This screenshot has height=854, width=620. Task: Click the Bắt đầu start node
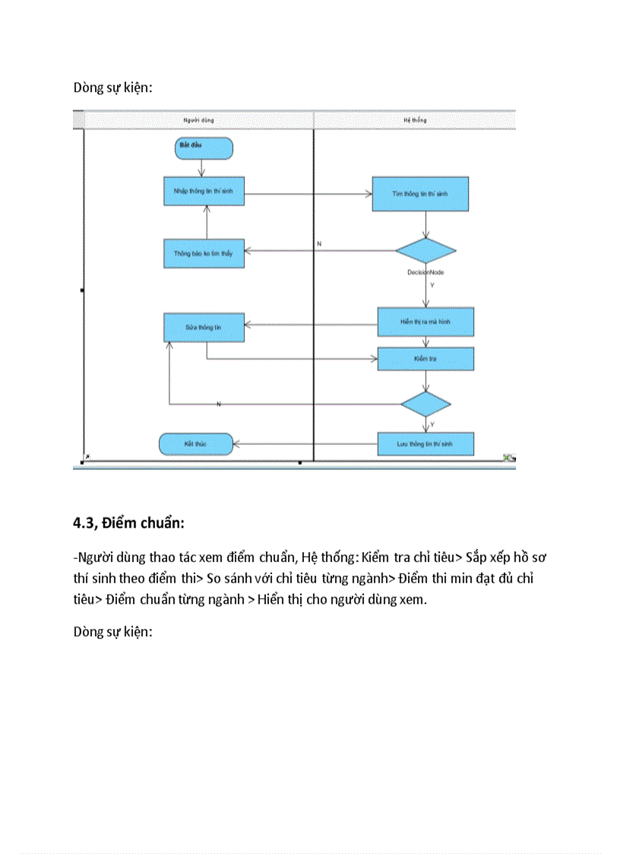pyautogui.click(x=204, y=148)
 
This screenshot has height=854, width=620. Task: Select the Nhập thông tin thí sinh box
pyautogui.click(x=204, y=192)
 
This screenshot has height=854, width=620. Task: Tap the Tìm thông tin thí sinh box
pyautogui.click(x=420, y=194)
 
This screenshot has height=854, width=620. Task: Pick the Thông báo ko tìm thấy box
pyautogui.click(x=204, y=253)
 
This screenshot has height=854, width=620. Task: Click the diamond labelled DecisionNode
pyautogui.click(x=425, y=251)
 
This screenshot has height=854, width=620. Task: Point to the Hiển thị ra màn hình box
pyautogui.click(x=425, y=322)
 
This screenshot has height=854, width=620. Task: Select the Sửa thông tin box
pyautogui.click(x=204, y=328)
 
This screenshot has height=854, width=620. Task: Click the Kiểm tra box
pyautogui.click(x=425, y=359)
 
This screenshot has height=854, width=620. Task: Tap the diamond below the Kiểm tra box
pyautogui.click(x=425, y=403)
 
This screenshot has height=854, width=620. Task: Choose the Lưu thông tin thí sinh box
pyautogui.click(x=425, y=443)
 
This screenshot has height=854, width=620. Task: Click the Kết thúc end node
pyautogui.click(x=196, y=443)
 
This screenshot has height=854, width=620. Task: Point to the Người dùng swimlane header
pyautogui.click(x=199, y=121)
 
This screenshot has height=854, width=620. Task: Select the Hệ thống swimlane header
pyautogui.click(x=415, y=121)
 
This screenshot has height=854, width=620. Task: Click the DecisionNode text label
pyautogui.click(x=425, y=271)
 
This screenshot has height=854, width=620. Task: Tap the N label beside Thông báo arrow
pyautogui.click(x=319, y=243)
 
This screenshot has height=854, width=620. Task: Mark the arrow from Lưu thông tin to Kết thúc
pyautogui.click(x=304, y=443)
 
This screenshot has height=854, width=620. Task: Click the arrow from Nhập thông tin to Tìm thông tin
pyautogui.click(x=308, y=194)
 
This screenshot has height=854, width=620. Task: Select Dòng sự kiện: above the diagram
pyautogui.click(x=113, y=87)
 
